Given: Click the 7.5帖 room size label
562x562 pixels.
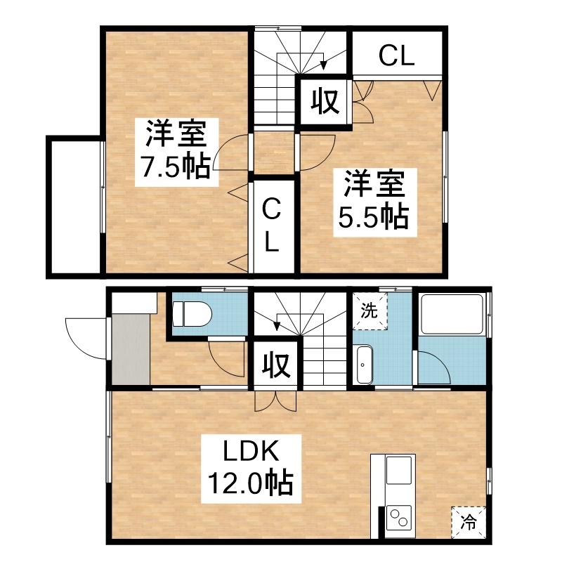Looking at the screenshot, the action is click(x=176, y=166).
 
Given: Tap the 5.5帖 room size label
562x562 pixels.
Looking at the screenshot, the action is click(x=374, y=217).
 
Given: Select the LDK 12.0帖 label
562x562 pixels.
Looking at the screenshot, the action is click(x=251, y=469).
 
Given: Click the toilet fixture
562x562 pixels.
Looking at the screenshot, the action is click(x=192, y=313).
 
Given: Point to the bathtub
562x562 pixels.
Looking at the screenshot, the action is click(x=452, y=314).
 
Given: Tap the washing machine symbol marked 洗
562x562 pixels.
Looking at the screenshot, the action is click(x=370, y=311).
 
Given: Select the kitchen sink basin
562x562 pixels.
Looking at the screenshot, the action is click(x=398, y=470).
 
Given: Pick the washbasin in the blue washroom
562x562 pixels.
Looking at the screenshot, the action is click(x=365, y=365).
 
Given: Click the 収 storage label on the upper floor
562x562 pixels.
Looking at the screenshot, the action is click(x=325, y=101).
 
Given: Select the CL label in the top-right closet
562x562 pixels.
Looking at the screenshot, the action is click(x=397, y=56).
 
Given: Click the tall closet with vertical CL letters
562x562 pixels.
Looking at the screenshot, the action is click(x=274, y=226).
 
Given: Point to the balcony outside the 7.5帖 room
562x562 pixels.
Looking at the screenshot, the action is click(x=75, y=207).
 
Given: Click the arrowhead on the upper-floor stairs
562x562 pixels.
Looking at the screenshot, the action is click(x=323, y=65).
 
